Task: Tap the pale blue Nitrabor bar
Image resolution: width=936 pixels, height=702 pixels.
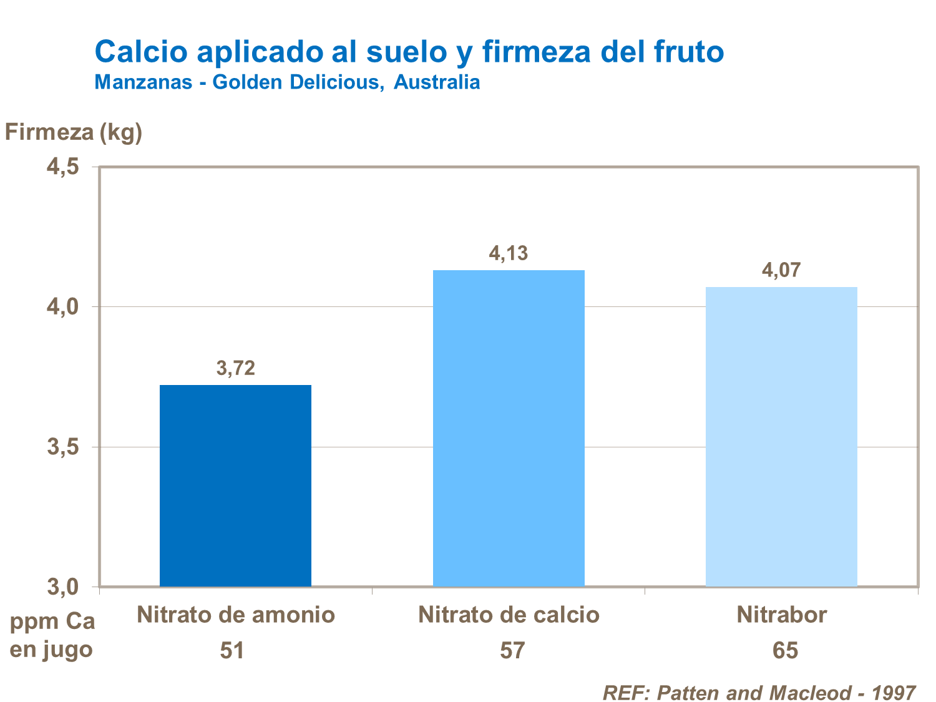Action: pyautogui.click(x=781, y=436)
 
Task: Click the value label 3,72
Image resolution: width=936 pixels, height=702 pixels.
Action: pyautogui.click(x=236, y=368)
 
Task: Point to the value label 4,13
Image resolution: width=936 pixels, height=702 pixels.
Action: pyautogui.click(x=509, y=253)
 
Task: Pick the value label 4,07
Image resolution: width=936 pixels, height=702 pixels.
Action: pyautogui.click(x=781, y=270)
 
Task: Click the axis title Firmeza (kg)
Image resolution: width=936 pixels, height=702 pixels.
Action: pyautogui.click(x=74, y=132)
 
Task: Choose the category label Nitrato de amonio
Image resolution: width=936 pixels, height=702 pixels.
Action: pyautogui.click(x=236, y=615)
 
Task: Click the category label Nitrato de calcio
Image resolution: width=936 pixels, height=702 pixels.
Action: pyautogui.click(x=509, y=615)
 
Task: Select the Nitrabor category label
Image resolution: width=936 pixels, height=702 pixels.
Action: pyautogui.click(x=781, y=615)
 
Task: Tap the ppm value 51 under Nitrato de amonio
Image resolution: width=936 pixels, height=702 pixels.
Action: pyautogui.click(x=232, y=650)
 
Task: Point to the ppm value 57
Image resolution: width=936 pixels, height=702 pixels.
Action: pyautogui.click(x=512, y=650)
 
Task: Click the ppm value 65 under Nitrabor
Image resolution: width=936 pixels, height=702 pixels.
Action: pyautogui.click(x=785, y=650)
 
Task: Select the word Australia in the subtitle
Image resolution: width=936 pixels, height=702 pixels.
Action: pyautogui.click(x=437, y=82)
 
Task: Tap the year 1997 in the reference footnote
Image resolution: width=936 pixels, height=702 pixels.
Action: pyautogui.click(x=893, y=693)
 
